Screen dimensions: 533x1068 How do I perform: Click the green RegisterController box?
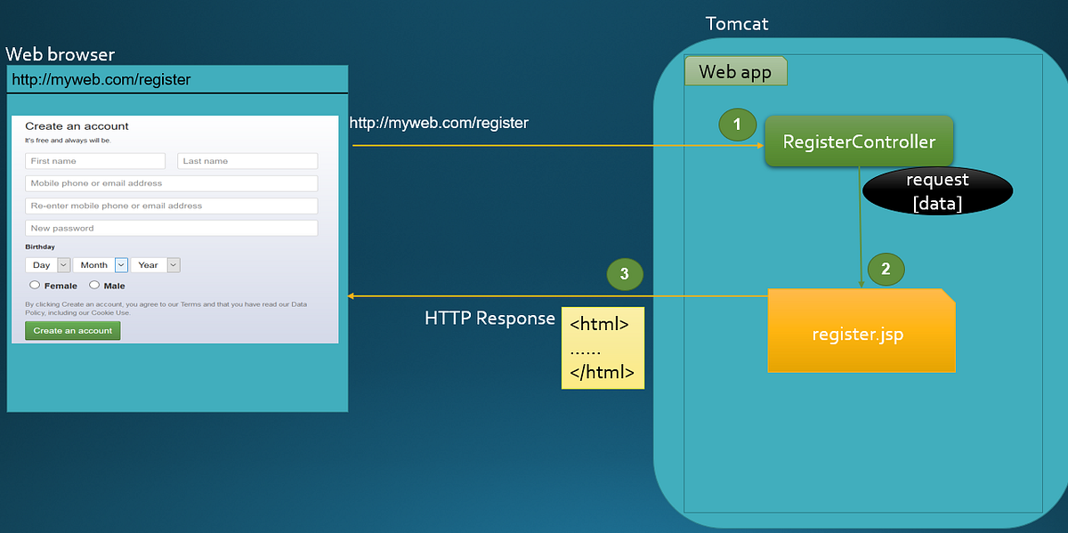pyautogui.click(x=858, y=141)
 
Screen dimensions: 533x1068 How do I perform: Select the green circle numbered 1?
pyautogui.click(x=737, y=125)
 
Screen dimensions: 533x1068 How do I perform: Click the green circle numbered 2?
pyautogui.click(x=886, y=269)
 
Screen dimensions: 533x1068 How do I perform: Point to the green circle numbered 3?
pyautogui.click(x=624, y=274)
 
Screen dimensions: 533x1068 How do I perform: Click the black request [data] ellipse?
pyautogui.click(x=937, y=191)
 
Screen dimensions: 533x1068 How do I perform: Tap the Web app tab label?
pyautogui.click(x=735, y=72)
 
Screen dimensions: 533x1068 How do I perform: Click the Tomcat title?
pyautogui.click(x=736, y=24)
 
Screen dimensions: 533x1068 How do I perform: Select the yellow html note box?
pyautogui.click(x=602, y=349)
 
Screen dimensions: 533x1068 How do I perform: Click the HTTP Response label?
pyautogui.click(x=489, y=319)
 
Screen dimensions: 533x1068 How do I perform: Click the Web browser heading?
pyautogui.click(x=60, y=54)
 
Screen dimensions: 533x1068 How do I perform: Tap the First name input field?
pyautogui.click(x=95, y=161)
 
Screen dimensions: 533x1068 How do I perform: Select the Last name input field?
pyautogui.click(x=247, y=161)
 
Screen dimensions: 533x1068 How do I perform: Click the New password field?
pyautogui.click(x=171, y=228)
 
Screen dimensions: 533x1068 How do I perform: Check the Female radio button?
pyautogui.click(x=35, y=286)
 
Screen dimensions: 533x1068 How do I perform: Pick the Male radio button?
pyautogui.click(x=94, y=286)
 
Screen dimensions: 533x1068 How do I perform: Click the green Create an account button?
pyautogui.click(x=72, y=330)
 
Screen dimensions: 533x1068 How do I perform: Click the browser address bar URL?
pyautogui.click(x=101, y=80)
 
